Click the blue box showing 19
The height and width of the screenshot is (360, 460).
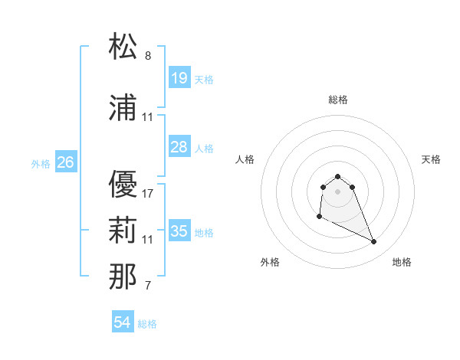pyautogui.click(x=179, y=77)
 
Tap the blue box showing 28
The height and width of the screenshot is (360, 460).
pyautogui.click(x=179, y=147)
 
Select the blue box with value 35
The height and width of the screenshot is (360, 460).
pyautogui.click(x=179, y=231)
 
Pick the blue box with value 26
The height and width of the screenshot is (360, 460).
pyautogui.click(x=66, y=162)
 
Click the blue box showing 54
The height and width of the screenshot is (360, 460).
pyautogui.click(x=123, y=322)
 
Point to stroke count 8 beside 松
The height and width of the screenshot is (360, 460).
pyautogui.click(x=148, y=56)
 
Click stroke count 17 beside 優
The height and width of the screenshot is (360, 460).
pyautogui.click(x=148, y=193)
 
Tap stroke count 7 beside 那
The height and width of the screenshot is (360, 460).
pyautogui.click(x=148, y=286)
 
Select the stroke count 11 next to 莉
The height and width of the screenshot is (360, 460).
pyautogui.click(x=148, y=240)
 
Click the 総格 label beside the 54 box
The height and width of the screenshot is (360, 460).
pyautogui.click(x=147, y=324)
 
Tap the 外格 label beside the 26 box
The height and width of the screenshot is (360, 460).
pyautogui.click(x=41, y=163)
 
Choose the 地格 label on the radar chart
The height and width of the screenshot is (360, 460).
pyautogui.click(x=402, y=262)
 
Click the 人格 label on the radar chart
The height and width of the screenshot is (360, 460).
pyautogui.click(x=245, y=159)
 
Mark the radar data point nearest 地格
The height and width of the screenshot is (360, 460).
pyautogui.click(x=374, y=242)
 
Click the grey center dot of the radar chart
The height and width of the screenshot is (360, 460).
pyautogui.click(x=338, y=191)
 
